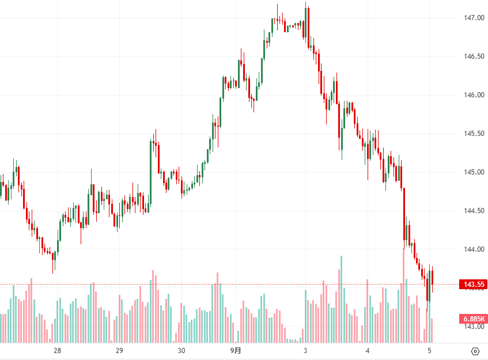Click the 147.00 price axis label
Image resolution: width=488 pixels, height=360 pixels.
[474, 18]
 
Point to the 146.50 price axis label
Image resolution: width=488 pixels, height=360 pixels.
[474, 56]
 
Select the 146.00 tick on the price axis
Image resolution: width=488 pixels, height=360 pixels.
[474, 95]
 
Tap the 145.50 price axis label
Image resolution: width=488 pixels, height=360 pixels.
[474, 134]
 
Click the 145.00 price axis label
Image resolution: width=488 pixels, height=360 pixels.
[474, 172]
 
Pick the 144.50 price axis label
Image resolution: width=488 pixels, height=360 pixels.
[474, 211]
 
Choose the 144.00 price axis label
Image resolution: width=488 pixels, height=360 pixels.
[474, 249]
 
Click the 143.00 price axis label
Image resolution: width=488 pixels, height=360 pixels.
[474, 327]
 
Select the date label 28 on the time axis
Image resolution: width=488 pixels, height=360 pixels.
[58, 350]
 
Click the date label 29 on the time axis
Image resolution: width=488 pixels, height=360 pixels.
[119, 350]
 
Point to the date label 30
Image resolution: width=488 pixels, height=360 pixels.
[181, 350]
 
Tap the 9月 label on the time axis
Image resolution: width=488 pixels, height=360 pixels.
[236, 350]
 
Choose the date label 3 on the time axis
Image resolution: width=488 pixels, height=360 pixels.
[305, 350]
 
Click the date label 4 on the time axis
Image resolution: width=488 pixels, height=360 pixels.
[367, 350]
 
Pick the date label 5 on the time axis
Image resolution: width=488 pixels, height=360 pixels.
[429, 350]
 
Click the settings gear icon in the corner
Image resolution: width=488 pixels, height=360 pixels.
[475, 351]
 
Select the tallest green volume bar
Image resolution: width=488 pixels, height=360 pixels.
[341, 300]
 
